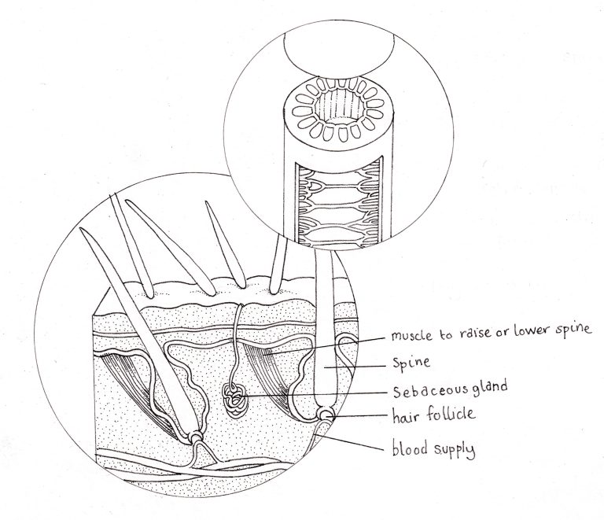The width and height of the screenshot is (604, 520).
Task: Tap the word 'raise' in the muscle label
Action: (x=470, y=333)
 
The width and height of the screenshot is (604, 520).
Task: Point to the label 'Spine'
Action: (x=411, y=363)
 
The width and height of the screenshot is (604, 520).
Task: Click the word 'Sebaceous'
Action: (x=427, y=390)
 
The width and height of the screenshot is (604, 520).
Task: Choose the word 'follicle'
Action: (x=451, y=414)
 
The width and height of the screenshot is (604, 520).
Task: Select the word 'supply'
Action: (x=455, y=450)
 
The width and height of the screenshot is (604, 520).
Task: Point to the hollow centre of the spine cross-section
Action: (x=338, y=103)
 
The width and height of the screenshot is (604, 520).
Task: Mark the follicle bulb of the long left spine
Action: (x=197, y=437)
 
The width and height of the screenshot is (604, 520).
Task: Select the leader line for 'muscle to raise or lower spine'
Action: (x=326, y=345)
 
